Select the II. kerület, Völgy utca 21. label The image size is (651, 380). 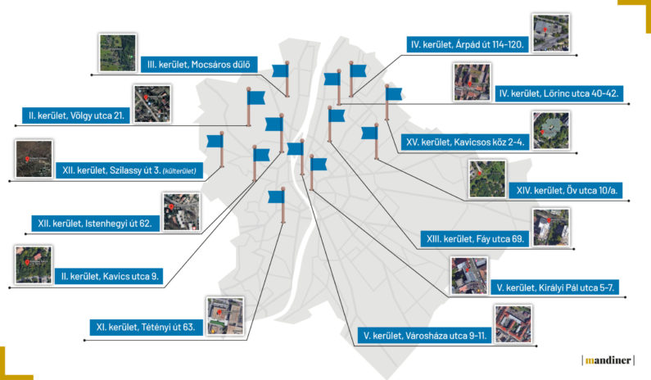pos(76,115)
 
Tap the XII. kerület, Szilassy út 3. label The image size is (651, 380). pos(132,170)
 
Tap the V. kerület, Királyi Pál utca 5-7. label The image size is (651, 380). pos(556,287)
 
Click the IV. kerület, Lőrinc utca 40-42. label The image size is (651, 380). pos(559,93)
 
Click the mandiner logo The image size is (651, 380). pos(608,359)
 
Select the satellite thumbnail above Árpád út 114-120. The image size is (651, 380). pos(547,32)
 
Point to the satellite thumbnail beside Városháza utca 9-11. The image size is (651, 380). pos(513,323)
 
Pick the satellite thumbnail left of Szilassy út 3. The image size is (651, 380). pos(34,159)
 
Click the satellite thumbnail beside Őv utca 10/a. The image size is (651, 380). pos(486,179)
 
